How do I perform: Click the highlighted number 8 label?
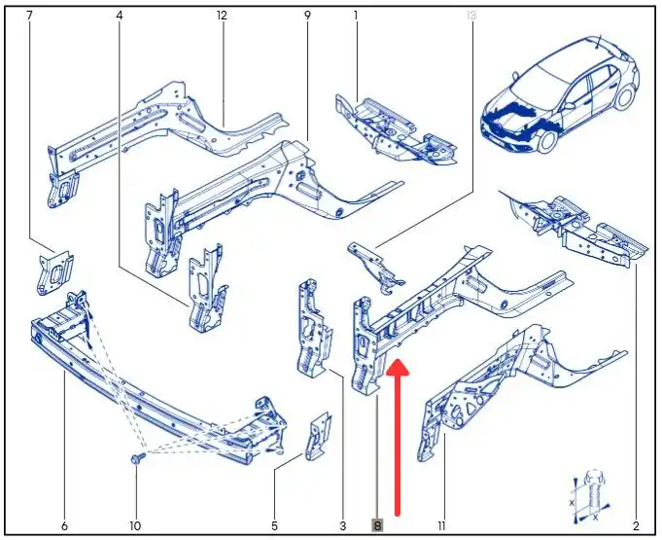(377, 525)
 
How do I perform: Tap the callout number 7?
(29, 16)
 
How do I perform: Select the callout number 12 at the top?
(222, 16)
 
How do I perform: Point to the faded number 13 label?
(471, 16)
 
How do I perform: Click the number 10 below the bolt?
(135, 526)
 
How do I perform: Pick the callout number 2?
(637, 526)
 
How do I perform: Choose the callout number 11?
(441, 526)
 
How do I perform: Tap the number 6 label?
(64, 526)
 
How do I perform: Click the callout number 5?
(274, 526)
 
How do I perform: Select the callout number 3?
(342, 526)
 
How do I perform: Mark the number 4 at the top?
(120, 16)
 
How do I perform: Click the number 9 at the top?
(307, 16)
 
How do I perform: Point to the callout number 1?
(356, 16)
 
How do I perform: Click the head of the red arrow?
(398, 367)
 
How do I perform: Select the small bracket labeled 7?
(54, 272)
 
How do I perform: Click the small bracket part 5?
(319, 437)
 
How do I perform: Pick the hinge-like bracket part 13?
(375, 267)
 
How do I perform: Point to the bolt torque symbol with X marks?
(590, 495)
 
